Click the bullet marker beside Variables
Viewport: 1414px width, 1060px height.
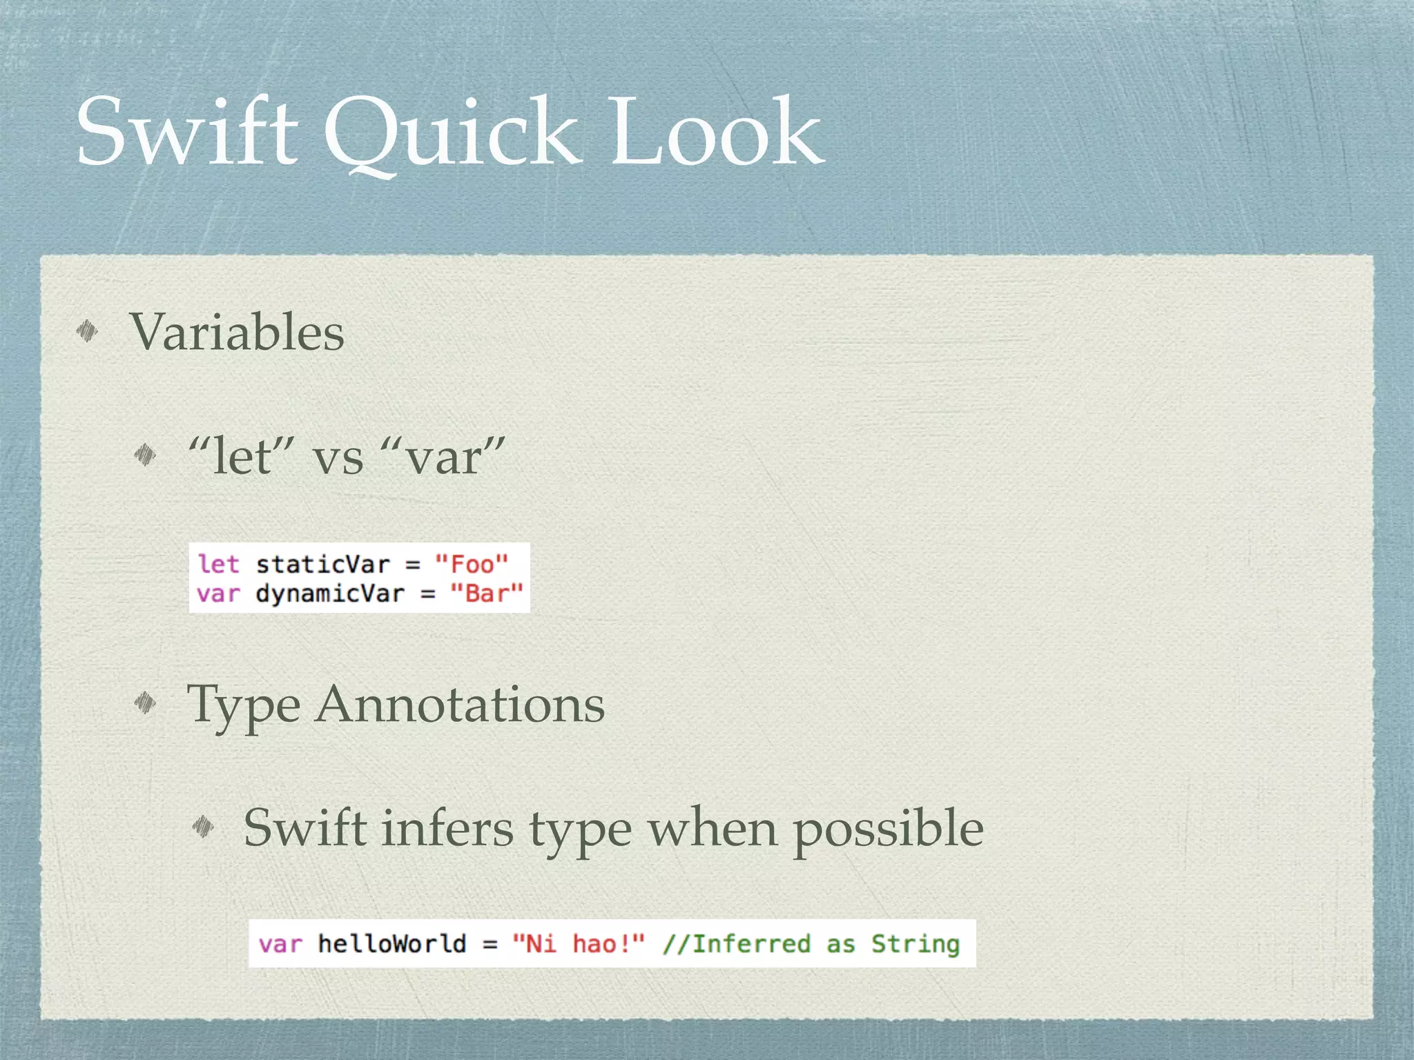[87, 332]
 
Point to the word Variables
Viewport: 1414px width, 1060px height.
[237, 332]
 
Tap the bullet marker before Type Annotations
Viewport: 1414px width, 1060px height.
[145, 703]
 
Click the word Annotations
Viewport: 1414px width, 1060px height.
[460, 705]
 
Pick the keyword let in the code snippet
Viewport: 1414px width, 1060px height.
[218, 564]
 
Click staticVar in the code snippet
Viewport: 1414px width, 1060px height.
[323, 564]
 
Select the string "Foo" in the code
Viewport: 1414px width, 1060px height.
[472, 564]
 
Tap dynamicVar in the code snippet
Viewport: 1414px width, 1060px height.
[330, 593]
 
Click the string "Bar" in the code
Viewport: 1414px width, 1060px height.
[486, 593]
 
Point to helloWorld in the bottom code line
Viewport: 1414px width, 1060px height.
[392, 943]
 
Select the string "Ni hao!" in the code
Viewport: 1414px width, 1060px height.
[579, 943]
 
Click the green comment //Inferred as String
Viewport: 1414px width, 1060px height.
[811, 943]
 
